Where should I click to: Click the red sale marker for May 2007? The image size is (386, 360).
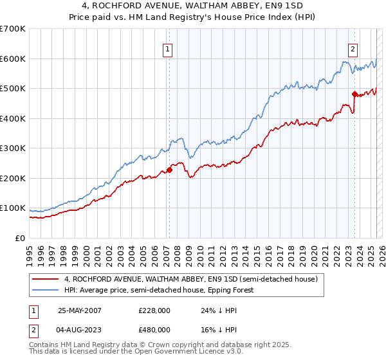pyautogui.click(x=170, y=170)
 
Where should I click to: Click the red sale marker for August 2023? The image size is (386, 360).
pyautogui.click(x=354, y=94)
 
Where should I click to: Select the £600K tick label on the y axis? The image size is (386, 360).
pyautogui.click(x=13, y=59)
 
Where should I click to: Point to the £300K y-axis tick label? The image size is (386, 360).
pyautogui.click(x=13, y=148)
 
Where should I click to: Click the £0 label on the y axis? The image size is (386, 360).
pyautogui.click(x=20, y=239)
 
